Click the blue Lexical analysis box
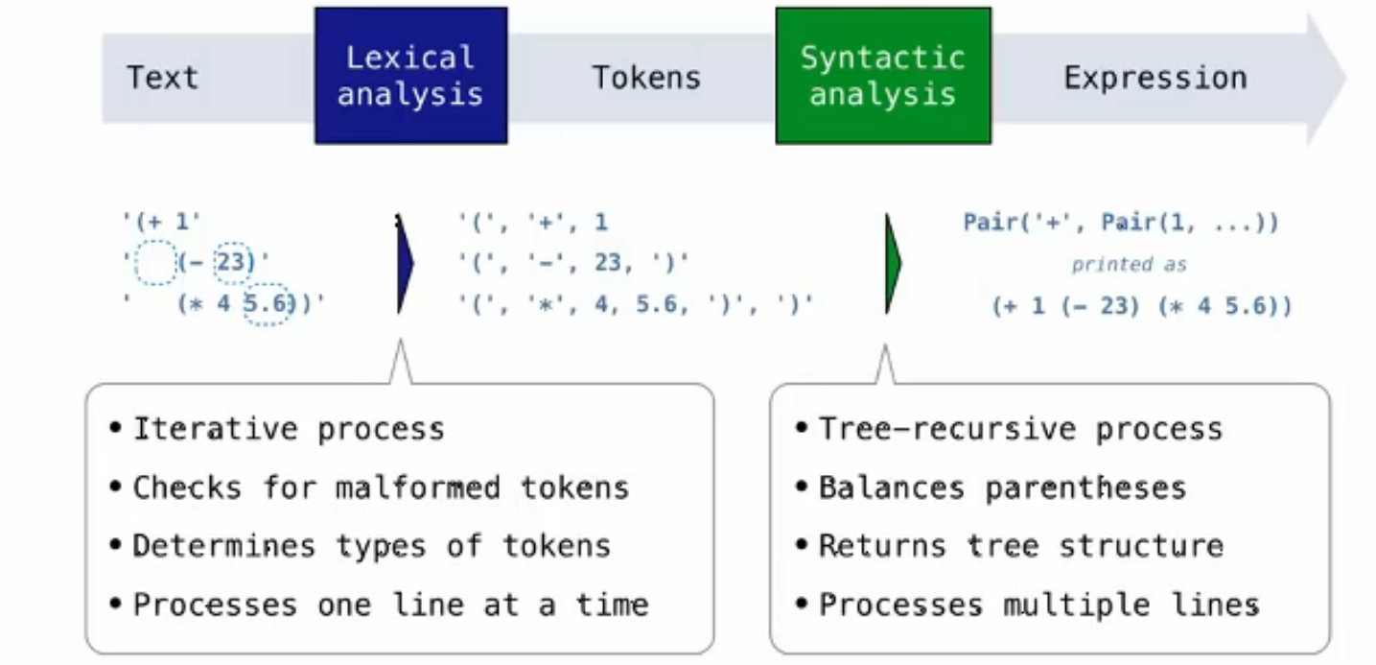click(410, 76)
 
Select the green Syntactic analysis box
click(882, 76)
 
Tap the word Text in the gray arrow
click(162, 77)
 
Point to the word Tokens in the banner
click(646, 77)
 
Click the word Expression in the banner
click(1154, 77)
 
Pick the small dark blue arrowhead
click(405, 264)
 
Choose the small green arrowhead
click(893, 264)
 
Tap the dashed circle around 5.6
click(268, 305)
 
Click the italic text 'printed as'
click(1129, 264)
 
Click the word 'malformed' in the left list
click(417, 487)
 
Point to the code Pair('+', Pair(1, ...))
click(1121, 223)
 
